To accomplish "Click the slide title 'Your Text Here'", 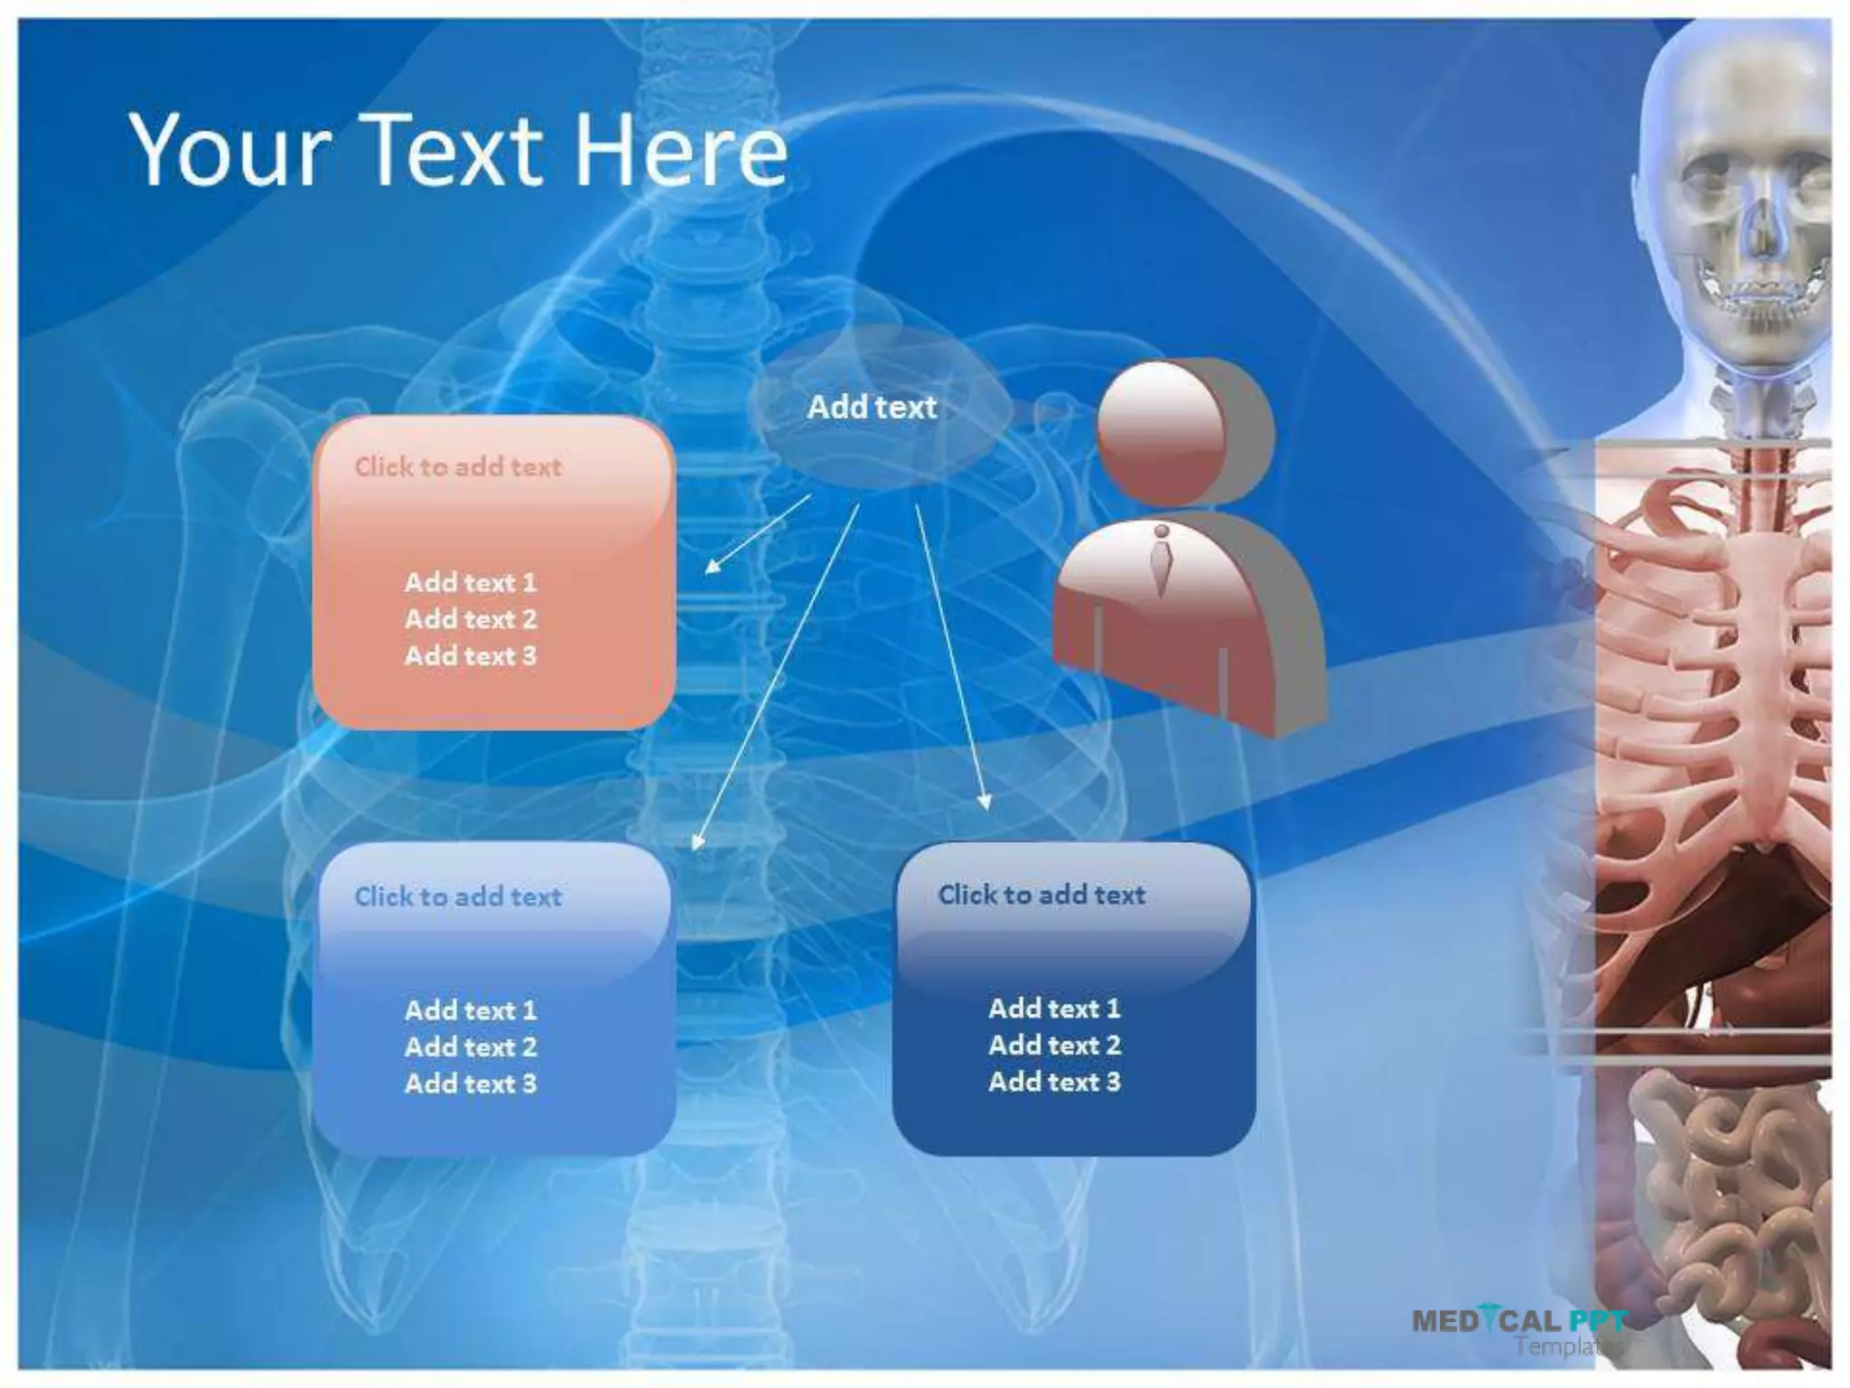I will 459,151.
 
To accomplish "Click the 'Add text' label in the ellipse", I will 872,408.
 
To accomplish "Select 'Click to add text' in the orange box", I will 458,467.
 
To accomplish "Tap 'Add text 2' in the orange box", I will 471,619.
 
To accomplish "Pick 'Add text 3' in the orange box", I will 471,656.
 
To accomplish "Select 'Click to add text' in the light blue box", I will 458,896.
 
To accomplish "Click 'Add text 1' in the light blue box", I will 471,1010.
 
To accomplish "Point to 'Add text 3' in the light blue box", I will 471,1083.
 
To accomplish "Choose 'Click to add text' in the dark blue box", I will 1042,895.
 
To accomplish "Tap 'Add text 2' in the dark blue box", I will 1054,1046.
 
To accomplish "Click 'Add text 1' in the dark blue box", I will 1054,1008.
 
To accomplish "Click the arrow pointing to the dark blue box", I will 951,655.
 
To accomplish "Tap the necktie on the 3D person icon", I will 1162,560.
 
